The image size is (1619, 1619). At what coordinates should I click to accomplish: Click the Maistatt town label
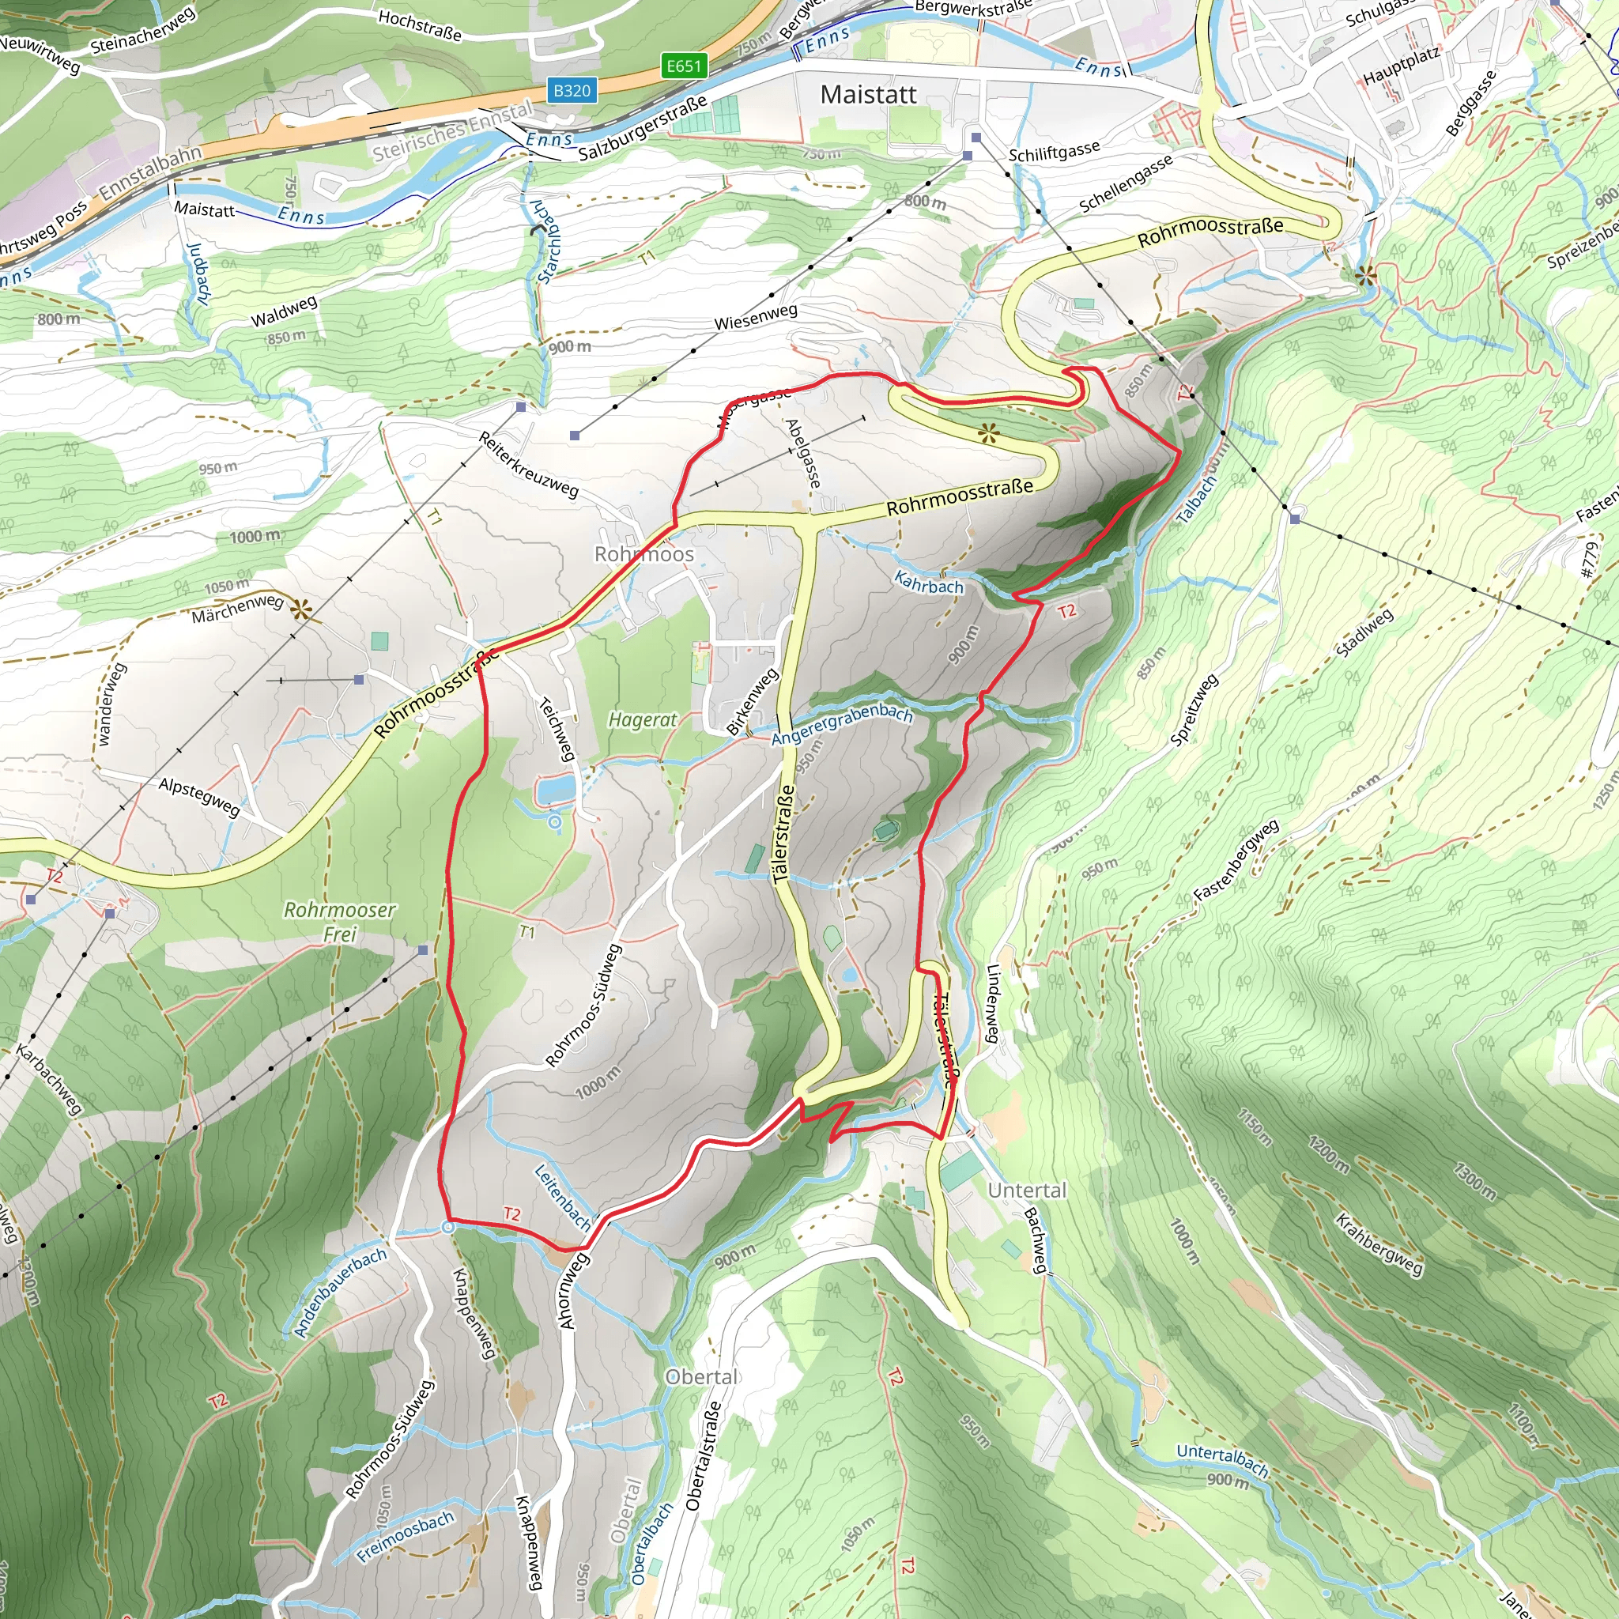coord(868,95)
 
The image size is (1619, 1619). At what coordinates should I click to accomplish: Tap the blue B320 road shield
coord(572,90)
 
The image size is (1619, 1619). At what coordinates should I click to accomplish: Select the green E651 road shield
coord(684,66)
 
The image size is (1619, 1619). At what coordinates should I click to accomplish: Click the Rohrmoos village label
coord(643,554)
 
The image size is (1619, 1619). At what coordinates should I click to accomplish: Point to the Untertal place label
coord(1027,1190)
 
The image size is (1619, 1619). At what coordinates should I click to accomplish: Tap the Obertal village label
coord(701,1377)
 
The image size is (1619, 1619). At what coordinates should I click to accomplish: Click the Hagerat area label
coord(642,720)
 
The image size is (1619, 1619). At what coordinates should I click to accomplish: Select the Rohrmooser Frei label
coord(339,921)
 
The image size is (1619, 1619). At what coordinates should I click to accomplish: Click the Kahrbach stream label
coord(929,583)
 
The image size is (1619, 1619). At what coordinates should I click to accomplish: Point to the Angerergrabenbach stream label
coord(841,724)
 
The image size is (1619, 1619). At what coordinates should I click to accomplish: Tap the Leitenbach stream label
coord(563,1196)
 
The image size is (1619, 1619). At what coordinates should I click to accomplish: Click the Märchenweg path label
coord(237,608)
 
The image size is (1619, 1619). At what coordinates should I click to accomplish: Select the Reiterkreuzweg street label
coord(528,464)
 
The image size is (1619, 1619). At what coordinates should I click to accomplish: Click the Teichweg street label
coord(557,728)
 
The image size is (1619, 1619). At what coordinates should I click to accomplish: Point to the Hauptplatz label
coord(1401,66)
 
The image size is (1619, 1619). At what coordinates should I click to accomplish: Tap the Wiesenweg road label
coord(755,317)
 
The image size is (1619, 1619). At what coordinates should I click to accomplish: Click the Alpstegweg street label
coord(199,796)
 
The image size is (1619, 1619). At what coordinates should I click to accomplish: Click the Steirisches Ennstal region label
coord(452,130)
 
